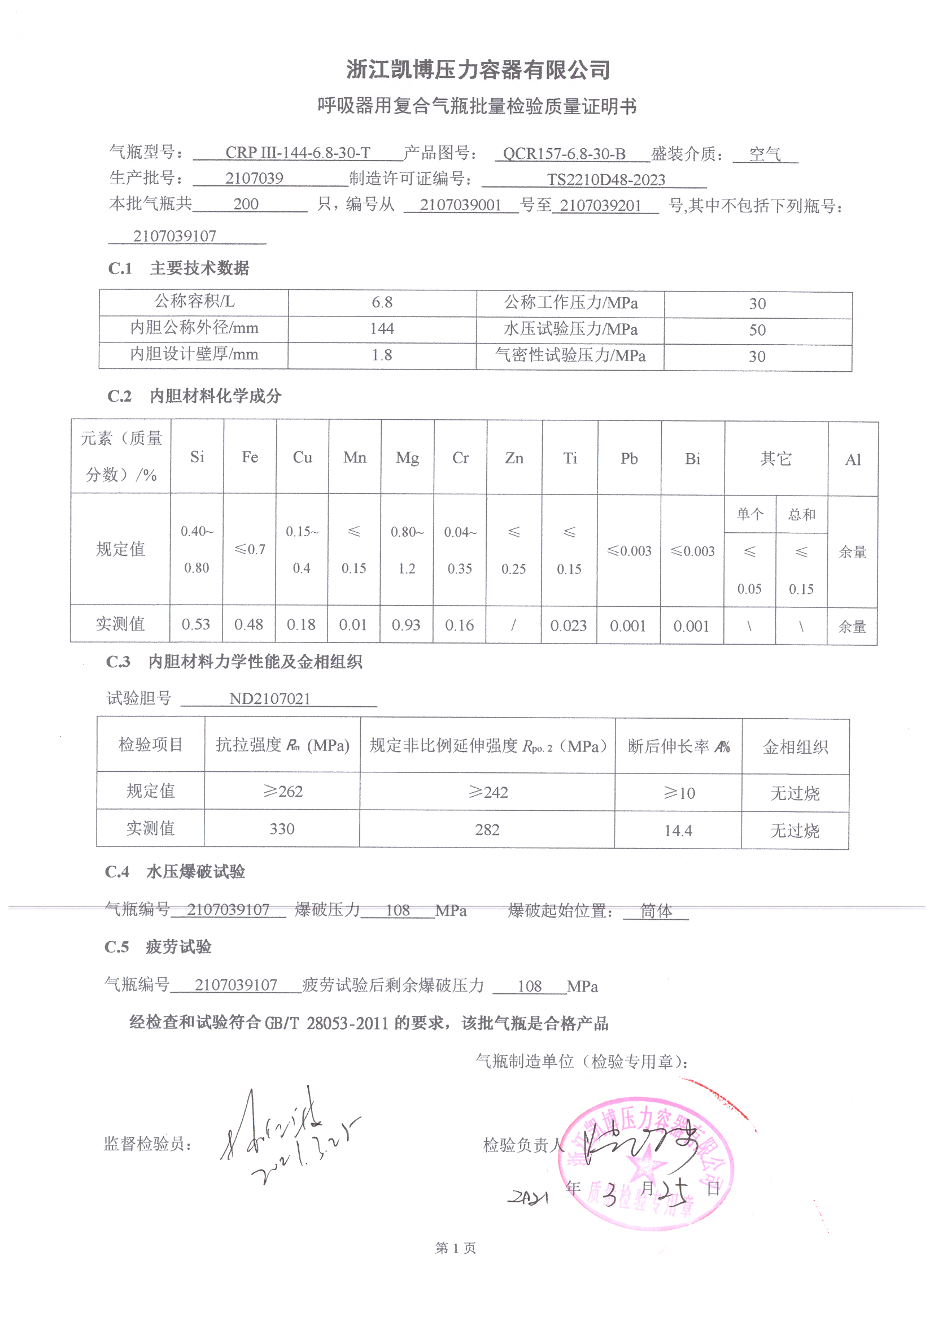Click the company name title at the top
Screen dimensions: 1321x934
click(477, 70)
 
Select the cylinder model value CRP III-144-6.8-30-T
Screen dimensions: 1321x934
click(298, 153)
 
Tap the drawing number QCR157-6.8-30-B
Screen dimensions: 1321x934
click(564, 154)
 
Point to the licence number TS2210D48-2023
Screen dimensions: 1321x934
click(605, 180)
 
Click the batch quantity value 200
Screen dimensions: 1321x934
click(246, 204)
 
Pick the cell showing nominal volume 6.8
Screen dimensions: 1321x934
click(382, 303)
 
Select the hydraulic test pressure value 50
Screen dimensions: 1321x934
click(757, 330)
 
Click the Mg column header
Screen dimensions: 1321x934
click(407, 458)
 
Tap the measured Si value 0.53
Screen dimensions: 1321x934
click(196, 624)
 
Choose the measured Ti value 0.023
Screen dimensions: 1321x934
click(568, 626)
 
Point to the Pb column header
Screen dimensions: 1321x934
click(629, 459)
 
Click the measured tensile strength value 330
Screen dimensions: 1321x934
click(282, 829)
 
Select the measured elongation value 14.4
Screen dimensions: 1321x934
click(678, 831)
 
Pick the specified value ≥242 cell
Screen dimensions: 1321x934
click(488, 793)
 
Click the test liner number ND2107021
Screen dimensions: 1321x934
click(270, 699)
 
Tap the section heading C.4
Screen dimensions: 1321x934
click(117, 872)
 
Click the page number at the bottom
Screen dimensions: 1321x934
click(456, 1248)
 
